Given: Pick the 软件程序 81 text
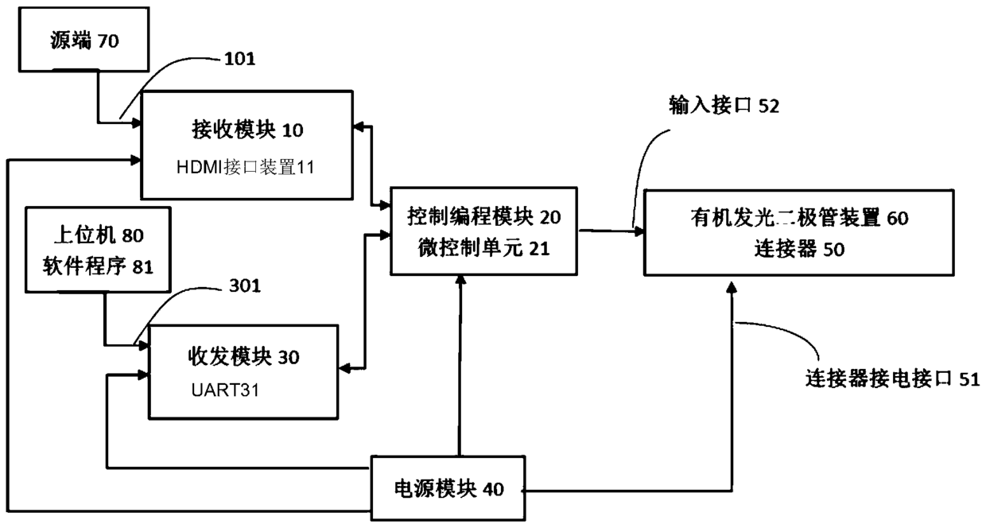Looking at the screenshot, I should (x=97, y=266).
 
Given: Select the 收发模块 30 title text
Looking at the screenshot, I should (x=243, y=357).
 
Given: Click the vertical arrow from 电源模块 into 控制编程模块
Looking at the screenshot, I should (x=459, y=366).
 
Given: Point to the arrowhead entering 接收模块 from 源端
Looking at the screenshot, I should (x=136, y=122).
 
